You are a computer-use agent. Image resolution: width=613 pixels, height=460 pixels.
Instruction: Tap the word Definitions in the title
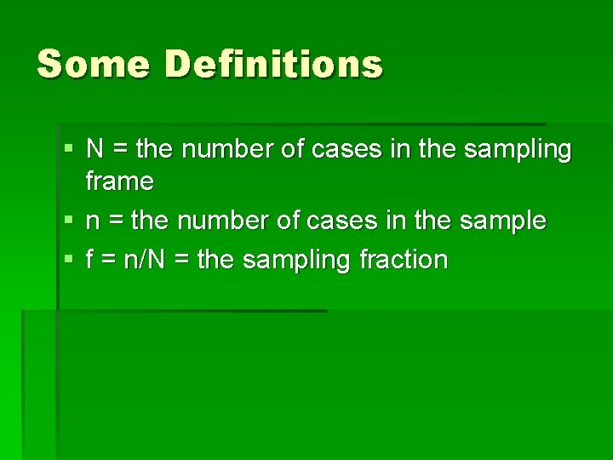[x=274, y=64]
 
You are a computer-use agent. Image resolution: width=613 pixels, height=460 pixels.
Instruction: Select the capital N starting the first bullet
[x=95, y=150]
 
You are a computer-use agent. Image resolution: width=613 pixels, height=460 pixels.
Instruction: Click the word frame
[x=120, y=181]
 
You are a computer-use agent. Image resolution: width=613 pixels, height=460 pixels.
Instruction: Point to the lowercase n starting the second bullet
[x=94, y=221]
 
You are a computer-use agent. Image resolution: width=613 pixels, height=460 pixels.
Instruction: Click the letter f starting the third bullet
[x=90, y=259]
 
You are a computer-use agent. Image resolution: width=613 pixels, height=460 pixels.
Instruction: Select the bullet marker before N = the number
[x=68, y=150]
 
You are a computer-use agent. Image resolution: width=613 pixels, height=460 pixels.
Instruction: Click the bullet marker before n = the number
[x=68, y=221]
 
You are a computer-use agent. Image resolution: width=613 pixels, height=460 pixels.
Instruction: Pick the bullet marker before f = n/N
[x=68, y=259]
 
